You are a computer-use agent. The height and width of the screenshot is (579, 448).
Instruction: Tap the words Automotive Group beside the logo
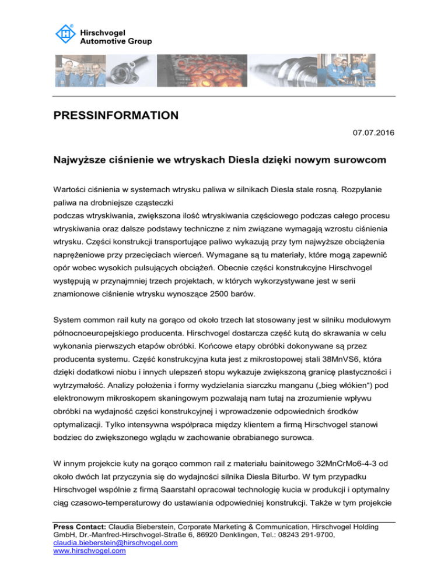click(x=116, y=41)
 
